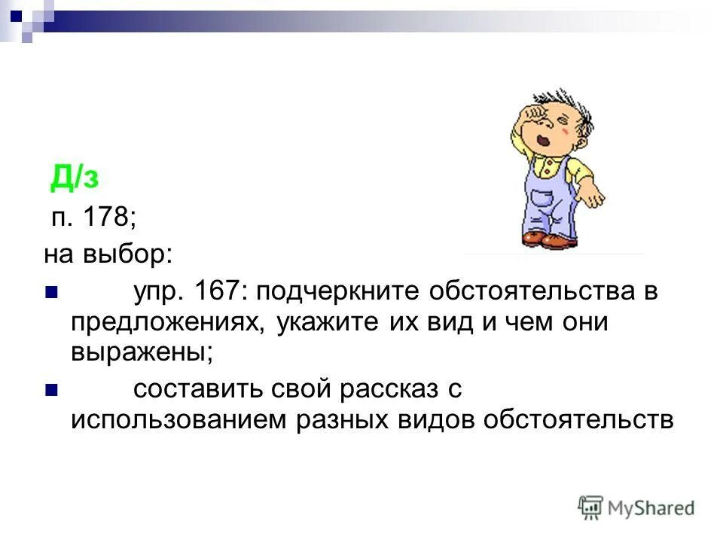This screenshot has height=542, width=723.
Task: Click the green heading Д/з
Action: pos(75,178)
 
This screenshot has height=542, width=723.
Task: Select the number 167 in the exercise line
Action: pos(217,291)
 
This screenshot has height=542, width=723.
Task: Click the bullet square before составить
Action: pos(51,390)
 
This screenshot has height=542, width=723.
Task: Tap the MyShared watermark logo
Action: pos(636,508)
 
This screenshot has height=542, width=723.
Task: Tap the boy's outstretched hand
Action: pos(594,196)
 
